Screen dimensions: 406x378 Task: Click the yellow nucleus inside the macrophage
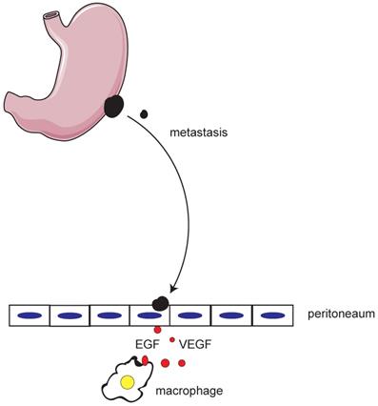[x=128, y=383]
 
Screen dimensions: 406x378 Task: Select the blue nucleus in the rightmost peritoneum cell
[x=273, y=315]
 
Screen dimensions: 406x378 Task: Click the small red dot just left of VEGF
[x=171, y=339]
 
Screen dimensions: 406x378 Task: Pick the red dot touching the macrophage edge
[x=145, y=360]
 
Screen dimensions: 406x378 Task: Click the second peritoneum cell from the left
[x=69, y=315]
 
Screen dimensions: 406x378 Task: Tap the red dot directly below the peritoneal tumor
[x=158, y=329]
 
